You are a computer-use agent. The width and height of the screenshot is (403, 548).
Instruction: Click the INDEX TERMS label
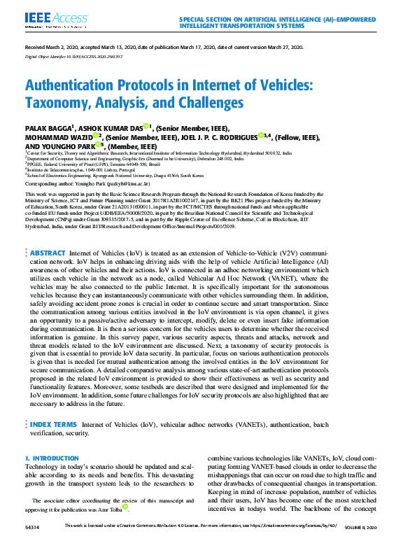coord(53,424)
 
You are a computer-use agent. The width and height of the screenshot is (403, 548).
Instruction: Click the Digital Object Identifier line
coord(73,57)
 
